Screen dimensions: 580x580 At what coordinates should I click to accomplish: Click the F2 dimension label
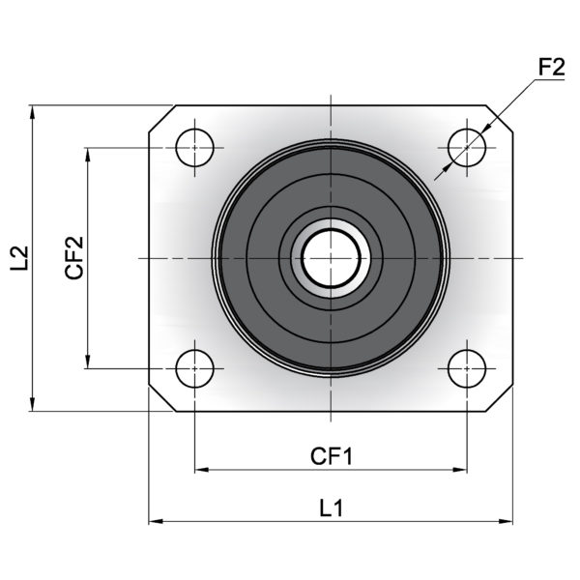coord(552,68)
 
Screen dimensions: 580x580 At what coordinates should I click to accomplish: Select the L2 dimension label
coord(19,258)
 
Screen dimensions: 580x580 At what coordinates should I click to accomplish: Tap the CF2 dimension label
coord(74,257)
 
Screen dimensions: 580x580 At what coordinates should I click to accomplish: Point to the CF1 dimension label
coord(332,456)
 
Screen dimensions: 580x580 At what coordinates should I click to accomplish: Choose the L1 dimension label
coord(331,507)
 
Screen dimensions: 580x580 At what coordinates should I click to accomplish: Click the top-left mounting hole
coord(195,148)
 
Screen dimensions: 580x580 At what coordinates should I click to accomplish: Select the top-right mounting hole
coord(467,148)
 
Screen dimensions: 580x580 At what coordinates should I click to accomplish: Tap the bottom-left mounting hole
coord(195,368)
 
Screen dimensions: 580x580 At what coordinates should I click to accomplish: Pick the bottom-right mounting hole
coord(467,368)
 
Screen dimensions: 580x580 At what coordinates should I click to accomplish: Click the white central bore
coord(331,258)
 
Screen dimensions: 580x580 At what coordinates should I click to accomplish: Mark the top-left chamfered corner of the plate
coord(162,119)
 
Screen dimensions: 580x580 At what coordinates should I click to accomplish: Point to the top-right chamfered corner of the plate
coord(500,119)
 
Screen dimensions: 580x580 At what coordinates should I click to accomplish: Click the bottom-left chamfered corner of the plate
coord(162,398)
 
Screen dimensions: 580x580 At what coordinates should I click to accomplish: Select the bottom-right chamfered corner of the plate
coord(500,398)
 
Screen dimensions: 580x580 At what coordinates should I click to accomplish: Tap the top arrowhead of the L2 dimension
coord(33,112)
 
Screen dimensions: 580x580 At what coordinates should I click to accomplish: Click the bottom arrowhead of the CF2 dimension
coord(88,362)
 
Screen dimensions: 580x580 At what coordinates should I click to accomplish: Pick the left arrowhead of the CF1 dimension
coord(202,470)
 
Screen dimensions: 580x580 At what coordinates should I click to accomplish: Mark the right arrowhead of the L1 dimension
coord(506,522)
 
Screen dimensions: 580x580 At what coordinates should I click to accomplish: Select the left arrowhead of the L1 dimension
coord(156,522)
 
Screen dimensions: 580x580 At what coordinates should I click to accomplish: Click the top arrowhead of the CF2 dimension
coord(88,155)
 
